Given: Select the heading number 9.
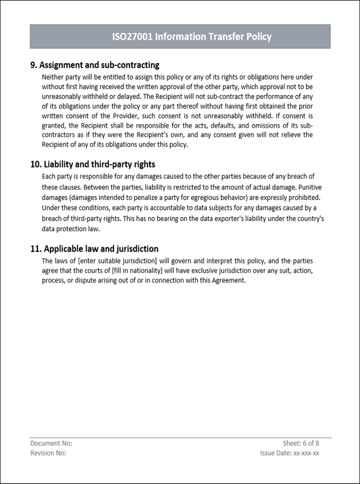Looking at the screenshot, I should pyautogui.click(x=34, y=65).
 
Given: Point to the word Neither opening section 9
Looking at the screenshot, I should pyautogui.click(x=54, y=77).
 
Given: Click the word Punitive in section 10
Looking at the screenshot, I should pyautogui.click(x=308, y=187).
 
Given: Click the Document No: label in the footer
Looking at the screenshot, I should pyautogui.click(x=51, y=443).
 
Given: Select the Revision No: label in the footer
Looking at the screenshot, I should pyautogui.click(x=48, y=453).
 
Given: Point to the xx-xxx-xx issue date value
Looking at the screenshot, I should pyautogui.click(x=306, y=453).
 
